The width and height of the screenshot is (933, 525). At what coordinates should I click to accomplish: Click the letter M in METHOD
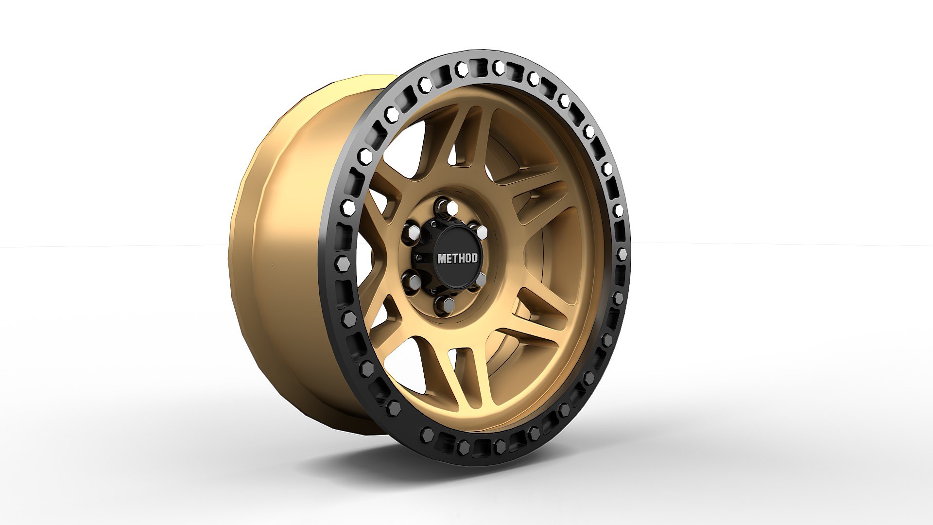(442, 258)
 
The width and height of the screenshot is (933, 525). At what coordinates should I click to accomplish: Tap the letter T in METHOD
(454, 258)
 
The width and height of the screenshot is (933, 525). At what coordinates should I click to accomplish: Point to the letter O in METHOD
(467, 258)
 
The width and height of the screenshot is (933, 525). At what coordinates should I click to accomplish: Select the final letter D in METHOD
(474, 258)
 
